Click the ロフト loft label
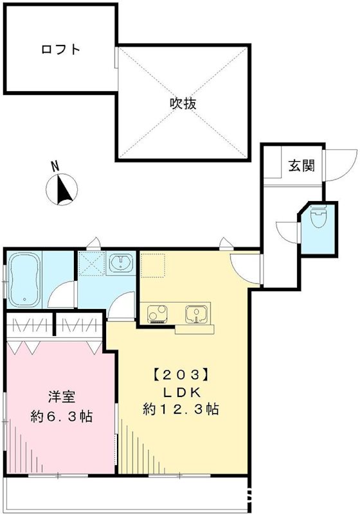click(x=60, y=49)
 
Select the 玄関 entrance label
click(x=301, y=166)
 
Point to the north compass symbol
click(x=62, y=191)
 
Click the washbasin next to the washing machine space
click(x=120, y=263)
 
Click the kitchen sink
click(x=194, y=314)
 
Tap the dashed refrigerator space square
click(x=153, y=265)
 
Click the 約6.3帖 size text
click(x=62, y=416)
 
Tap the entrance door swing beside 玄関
click(x=337, y=165)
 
